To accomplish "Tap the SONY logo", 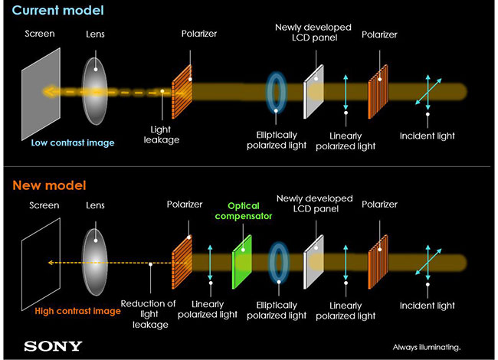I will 53,345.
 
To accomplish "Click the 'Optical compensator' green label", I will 243,212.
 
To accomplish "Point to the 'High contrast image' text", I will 77,311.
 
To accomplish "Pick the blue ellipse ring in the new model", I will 279,263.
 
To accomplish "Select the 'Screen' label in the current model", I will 40,34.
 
